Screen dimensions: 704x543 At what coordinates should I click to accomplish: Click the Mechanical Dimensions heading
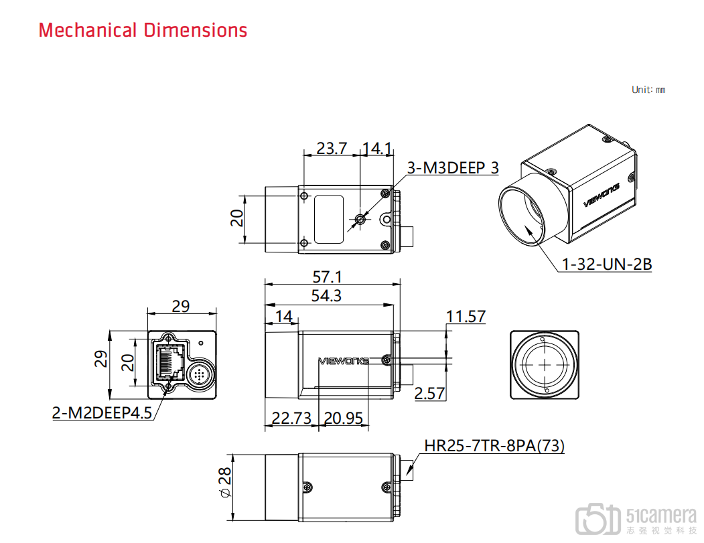143,30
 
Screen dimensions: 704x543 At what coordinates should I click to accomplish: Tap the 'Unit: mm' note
648,90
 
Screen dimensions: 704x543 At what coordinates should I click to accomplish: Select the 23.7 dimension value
332,148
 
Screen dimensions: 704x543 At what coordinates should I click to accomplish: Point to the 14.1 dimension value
377,148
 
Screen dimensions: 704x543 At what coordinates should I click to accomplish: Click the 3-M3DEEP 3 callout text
453,167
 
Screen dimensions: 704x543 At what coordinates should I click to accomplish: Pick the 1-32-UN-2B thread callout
607,264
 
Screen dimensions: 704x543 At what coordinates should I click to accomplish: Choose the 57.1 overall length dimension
328,277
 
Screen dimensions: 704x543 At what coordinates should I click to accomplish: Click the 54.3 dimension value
326,295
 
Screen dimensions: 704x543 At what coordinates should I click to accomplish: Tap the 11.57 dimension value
466,317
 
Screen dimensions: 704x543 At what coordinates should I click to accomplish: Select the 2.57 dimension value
429,393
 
